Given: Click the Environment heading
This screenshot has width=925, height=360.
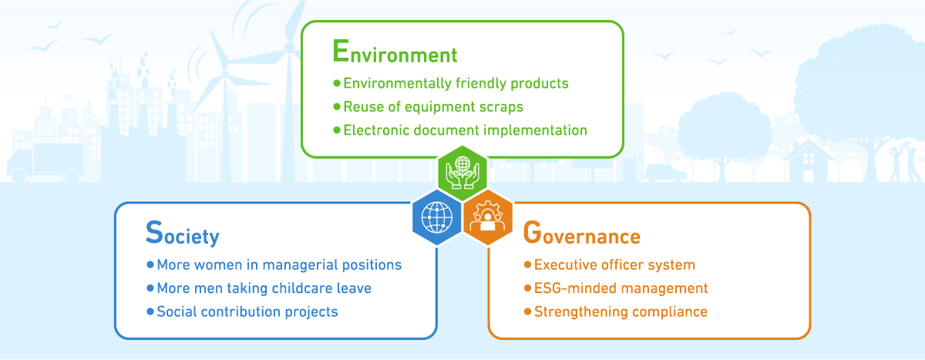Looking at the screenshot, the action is pyautogui.click(x=395, y=52).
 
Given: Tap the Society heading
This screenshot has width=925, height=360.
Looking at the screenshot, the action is pyautogui.click(x=183, y=234).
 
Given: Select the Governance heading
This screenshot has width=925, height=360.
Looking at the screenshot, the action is pyautogui.click(x=582, y=233).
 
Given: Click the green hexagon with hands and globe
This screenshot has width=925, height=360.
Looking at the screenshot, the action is pyautogui.click(x=462, y=173).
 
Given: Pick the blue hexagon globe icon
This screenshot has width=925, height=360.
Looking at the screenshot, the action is pyautogui.click(x=437, y=217).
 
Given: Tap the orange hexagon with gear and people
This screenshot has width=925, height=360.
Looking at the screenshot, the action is pyautogui.click(x=488, y=217).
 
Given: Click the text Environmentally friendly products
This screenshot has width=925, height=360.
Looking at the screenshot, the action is pyautogui.click(x=456, y=83).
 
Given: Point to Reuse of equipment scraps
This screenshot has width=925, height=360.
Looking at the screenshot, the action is pyautogui.click(x=433, y=107).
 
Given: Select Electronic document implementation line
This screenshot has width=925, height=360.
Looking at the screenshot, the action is pyautogui.click(x=466, y=130).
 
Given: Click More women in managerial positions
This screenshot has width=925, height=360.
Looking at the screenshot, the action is pyautogui.click(x=279, y=264).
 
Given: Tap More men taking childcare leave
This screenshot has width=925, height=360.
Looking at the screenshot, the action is pyautogui.click(x=264, y=288).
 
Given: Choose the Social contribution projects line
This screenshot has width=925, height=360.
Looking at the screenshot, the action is pyautogui.click(x=247, y=311).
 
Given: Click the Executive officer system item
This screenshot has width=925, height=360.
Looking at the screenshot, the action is pyautogui.click(x=615, y=264).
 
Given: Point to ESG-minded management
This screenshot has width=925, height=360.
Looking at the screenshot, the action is pyautogui.click(x=621, y=288).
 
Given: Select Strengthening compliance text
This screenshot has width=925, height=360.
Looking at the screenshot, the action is pyautogui.click(x=621, y=311).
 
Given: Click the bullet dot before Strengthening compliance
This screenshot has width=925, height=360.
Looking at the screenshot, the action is pyautogui.click(x=527, y=311).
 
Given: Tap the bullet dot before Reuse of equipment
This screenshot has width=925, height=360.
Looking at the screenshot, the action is pyautogui.click(x=337, y=106).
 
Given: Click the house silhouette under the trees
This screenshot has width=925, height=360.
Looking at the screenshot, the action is pyautogui.click(x=808, y=160).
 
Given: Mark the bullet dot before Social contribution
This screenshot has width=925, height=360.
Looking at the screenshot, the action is pyautogui.click(x=150, y=311).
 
